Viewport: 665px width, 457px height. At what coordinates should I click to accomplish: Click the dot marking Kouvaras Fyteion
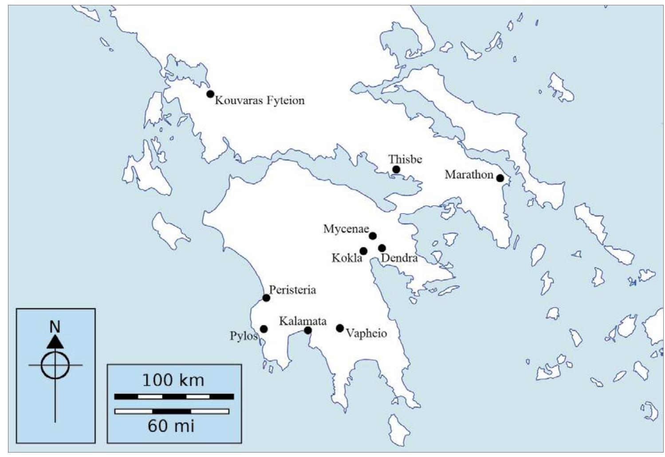tap(210, 94)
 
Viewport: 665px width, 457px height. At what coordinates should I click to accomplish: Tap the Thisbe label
tap(405, 159)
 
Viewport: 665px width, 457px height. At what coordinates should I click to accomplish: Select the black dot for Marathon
tap(500, 178)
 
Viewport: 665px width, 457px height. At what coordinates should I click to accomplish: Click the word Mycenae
tap(346, 229)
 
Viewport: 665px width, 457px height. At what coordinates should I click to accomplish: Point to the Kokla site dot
tap(363, 251)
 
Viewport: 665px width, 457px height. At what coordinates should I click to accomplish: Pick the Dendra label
tap(399, 258)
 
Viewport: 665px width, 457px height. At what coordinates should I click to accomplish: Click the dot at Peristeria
tap(266, 298)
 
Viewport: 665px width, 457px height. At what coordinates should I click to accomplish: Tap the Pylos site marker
tap(264, 329)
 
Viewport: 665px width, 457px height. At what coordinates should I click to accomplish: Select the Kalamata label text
tap(303, 321)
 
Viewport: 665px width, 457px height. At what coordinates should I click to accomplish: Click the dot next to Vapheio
tap(340, 328)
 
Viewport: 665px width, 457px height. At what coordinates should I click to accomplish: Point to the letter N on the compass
tap(55, 327)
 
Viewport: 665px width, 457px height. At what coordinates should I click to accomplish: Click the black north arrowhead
tap(55, 341)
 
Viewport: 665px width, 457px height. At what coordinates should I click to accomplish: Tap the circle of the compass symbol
tap(55, 365)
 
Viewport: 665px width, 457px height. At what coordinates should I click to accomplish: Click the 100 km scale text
tap(173, 381)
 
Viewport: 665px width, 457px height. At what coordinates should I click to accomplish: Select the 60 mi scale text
tap(171, 426)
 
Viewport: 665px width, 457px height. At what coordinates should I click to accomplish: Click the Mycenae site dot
tap(373, 236)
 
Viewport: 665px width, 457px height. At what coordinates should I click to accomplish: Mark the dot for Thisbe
tap(396, 169)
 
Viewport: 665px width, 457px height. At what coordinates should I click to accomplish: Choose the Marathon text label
tap(469, 175)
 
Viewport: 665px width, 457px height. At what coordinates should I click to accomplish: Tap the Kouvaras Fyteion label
tap(260, 101)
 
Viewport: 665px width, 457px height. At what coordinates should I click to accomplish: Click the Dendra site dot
tap(382, 248)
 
